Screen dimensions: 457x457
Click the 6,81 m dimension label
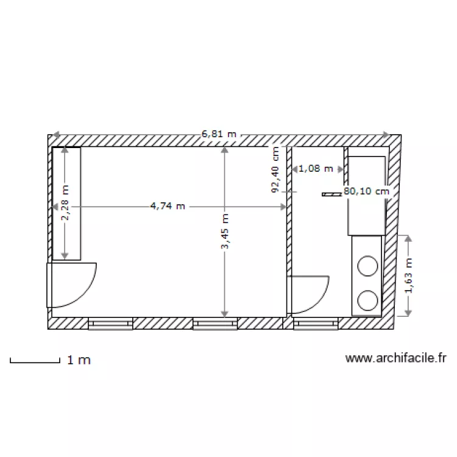[x=219, y=133]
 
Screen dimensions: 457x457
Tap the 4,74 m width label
[x=168, y=206]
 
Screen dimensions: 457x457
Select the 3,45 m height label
[x=225, y=232]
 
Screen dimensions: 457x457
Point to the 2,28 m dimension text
[x=65, y=204]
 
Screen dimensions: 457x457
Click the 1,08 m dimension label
[x=316, y=168]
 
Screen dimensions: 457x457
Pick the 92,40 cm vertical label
[x=275, y=170]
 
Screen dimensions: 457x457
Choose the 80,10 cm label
[x=366, y=191]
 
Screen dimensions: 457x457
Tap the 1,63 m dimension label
[x=408, y=275]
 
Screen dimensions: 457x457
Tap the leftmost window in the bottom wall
[x=110, y=324]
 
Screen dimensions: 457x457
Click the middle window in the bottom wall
[x=214, y=324]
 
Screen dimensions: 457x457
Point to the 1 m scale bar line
[x=34, y=363]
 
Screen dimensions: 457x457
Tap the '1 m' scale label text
[x=79, y=360]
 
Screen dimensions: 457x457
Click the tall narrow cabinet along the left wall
[x=66, y=204]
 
